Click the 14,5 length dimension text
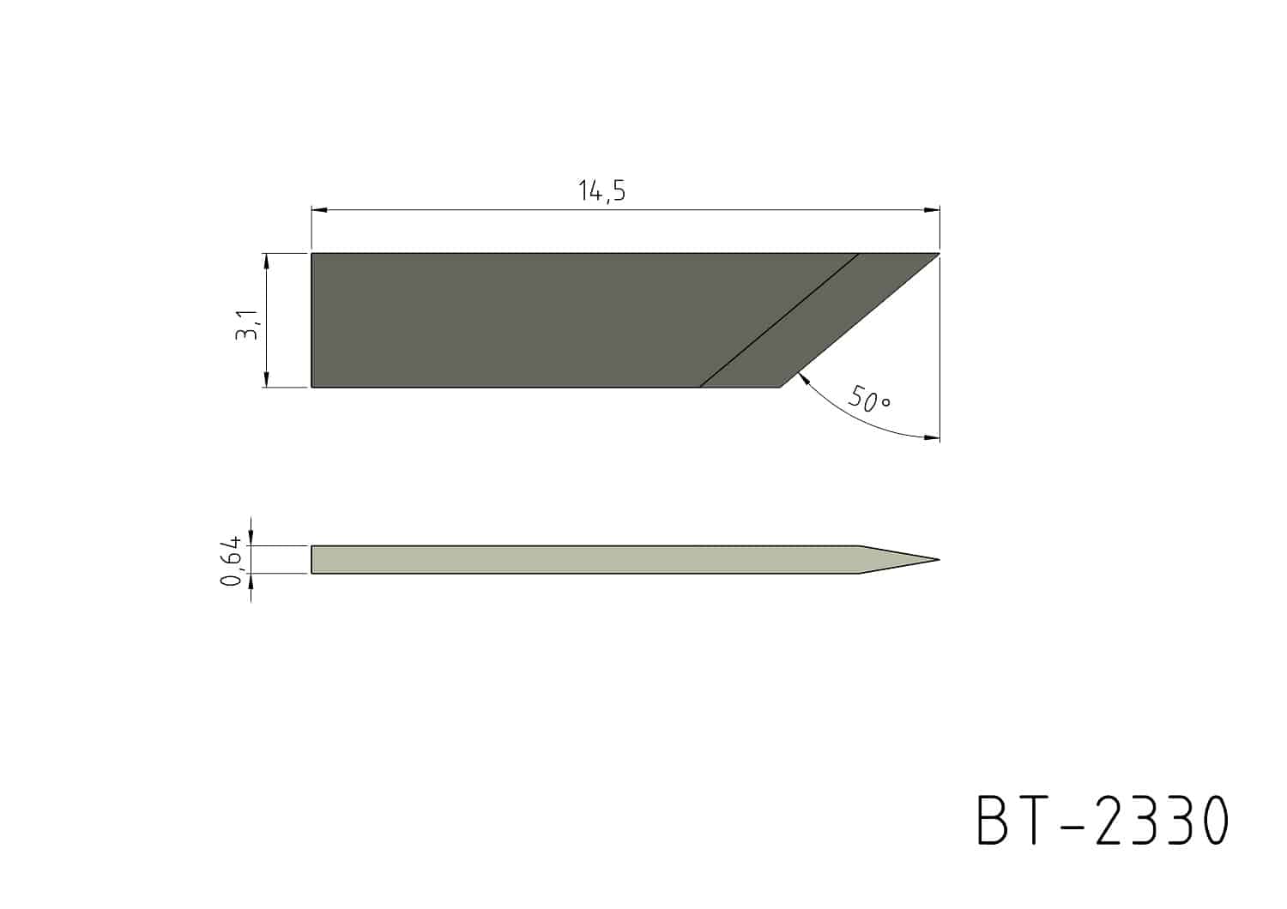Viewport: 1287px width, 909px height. coord(601,190)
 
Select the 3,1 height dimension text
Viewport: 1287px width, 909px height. coord(248,325)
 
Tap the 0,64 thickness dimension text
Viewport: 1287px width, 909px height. coord(231,561)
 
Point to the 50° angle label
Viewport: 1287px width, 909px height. coord(869,399)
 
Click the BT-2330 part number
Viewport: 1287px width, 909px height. coord(1103,820)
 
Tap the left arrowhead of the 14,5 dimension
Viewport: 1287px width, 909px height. coord(319,210)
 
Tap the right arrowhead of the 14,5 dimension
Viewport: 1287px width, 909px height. coord(932,210)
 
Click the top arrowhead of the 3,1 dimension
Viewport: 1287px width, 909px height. coord(267,261)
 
